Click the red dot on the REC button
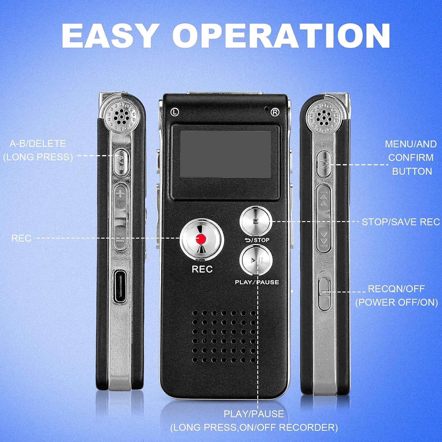pos(201,239)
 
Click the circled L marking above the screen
pos(175,112)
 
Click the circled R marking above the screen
pos(275,112)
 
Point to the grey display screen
pos(225,154)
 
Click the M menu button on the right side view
pos(324,164)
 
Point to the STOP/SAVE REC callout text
pos(401,222)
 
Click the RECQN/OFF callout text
pos(396,289)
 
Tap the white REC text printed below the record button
pos(202,269)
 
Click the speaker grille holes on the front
pos(224,336)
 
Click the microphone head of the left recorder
pos(122,115)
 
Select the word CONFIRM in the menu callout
pos(411,158)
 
